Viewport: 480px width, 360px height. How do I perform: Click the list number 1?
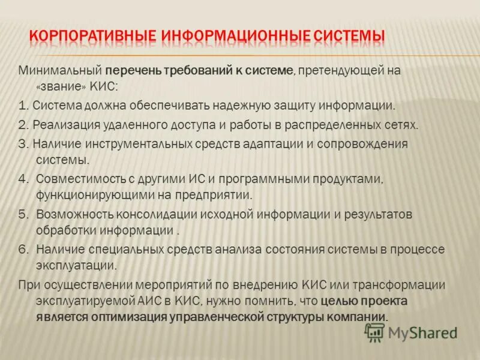(x=23, y=106)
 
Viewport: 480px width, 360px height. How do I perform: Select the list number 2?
(x=23, y=125)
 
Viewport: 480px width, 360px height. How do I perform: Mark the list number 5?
(x=23, y=214)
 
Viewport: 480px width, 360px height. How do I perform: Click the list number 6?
(x=23, y=248)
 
